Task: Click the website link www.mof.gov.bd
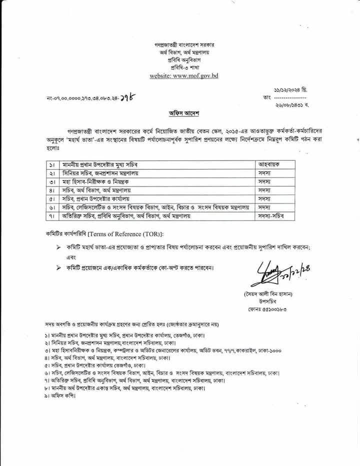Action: coord(184,76)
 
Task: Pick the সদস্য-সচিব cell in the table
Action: coord(273,216)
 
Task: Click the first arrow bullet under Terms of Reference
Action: coord(58,247)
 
